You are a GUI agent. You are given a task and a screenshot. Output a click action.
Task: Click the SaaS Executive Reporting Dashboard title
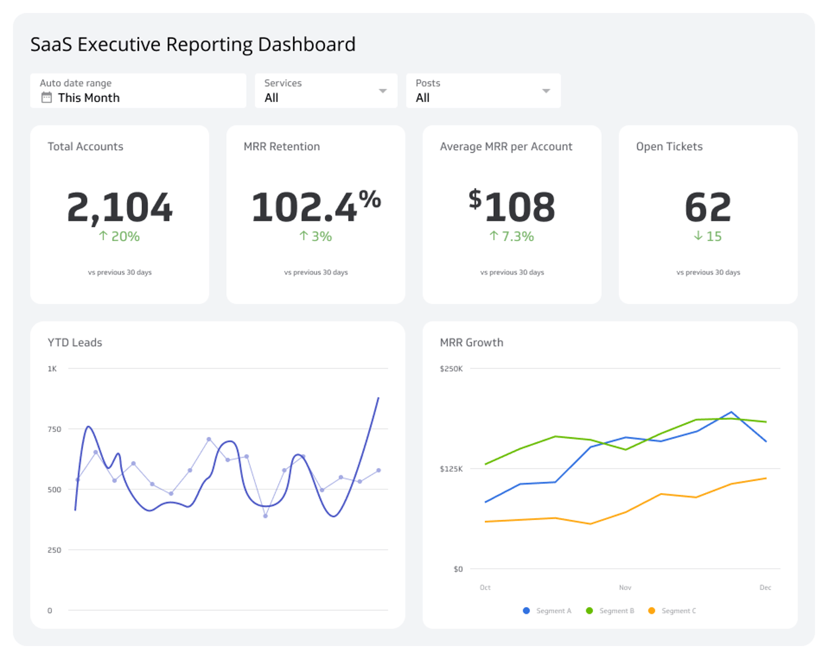(192, 45)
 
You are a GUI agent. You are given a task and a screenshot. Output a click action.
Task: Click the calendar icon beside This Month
(46, 98)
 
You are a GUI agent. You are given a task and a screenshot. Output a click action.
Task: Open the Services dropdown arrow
(383, 91)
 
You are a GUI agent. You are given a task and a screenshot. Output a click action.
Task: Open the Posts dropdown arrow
(546, 91)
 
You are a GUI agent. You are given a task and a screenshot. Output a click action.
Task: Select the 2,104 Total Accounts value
(120, 207)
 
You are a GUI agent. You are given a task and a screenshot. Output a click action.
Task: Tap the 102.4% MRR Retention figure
(315, 207)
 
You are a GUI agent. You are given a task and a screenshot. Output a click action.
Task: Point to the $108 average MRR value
(512, 207)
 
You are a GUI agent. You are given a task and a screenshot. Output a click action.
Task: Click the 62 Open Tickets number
(708, 207)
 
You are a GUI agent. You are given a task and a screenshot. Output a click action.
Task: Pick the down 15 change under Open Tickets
(708, 236)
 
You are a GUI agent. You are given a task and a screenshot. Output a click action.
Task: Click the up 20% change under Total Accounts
(120, 236)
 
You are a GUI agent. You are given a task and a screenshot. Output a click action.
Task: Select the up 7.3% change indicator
(512, 236)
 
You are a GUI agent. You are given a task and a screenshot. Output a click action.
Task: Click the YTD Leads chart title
(74, 342)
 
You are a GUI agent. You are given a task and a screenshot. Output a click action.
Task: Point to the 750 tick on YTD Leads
(54, 429)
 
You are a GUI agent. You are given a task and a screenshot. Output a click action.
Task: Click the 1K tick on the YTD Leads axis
(53, 369)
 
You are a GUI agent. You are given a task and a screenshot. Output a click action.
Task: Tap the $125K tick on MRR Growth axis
(451, 469)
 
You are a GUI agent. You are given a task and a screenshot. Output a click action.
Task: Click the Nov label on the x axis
(625, 588)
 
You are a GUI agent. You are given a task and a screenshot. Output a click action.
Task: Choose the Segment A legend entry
(548, 611)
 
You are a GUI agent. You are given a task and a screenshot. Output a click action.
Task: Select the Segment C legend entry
(672, 611)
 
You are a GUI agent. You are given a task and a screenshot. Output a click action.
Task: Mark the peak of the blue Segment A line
(732, 412)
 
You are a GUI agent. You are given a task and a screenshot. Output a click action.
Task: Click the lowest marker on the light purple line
(266, 516)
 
